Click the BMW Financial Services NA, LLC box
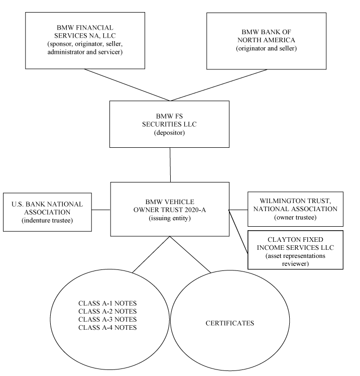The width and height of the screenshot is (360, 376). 85,41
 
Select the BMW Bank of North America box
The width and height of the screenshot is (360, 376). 266,41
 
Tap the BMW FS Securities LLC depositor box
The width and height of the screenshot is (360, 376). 169,124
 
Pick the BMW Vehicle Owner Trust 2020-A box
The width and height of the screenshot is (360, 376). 170,209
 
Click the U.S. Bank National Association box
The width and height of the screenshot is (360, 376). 47,212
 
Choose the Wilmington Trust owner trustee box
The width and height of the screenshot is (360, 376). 295,209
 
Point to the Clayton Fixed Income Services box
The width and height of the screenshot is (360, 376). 295,250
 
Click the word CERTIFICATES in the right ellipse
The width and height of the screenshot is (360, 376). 229,323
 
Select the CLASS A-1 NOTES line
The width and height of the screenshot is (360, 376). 107,303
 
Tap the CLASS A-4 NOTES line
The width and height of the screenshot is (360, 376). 107,328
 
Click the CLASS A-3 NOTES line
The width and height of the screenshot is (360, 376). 107,319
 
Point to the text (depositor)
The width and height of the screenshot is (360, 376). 169,133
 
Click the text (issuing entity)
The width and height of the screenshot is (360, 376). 170,218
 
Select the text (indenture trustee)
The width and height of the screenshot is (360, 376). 47,220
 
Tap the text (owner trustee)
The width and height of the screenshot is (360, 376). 295,218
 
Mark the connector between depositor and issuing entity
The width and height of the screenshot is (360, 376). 170,165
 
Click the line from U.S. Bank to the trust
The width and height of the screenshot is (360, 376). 101,210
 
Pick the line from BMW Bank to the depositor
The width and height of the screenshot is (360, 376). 219,85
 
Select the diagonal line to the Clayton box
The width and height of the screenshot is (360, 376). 238,231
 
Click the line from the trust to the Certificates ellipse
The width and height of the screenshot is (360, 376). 190,255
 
